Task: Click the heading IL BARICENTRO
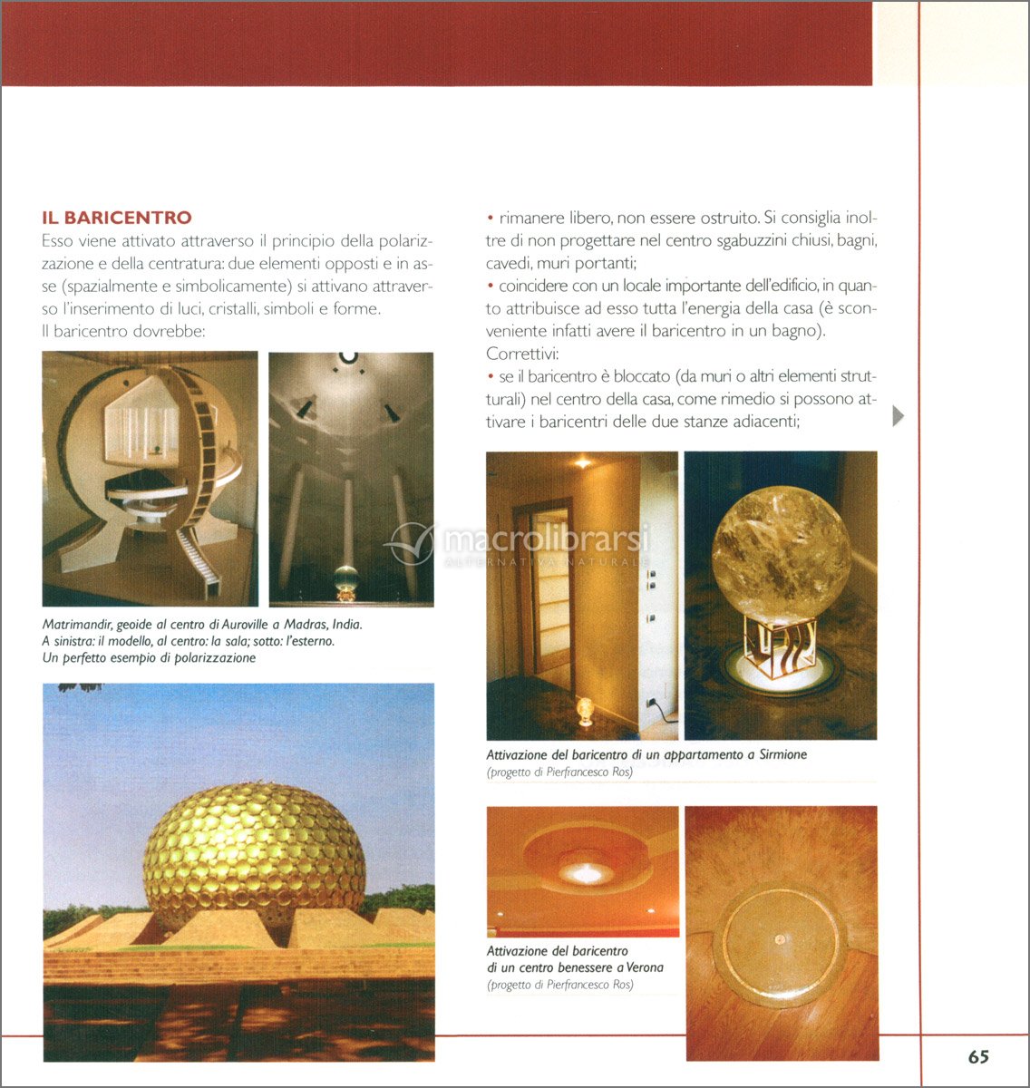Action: coord(117,218)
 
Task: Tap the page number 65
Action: coord(977,1056)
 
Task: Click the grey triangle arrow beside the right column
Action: coord(898,416)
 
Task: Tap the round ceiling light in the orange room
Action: coord(585,872)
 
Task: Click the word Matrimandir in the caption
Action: coord(78,625)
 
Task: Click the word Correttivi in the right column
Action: coord(520,353)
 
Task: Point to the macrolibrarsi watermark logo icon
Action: coord(411,544)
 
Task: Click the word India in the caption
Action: coord(346,625)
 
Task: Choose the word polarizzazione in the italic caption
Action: coord(212,658)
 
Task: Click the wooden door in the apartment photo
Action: coord(545,598)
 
